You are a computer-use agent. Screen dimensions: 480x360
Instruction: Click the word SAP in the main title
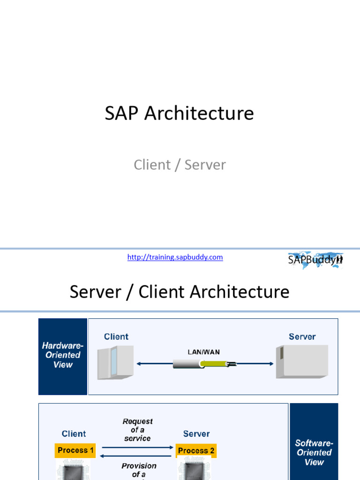(x=122, y=113)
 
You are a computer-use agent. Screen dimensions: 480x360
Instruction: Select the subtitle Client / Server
(x=180, y=165)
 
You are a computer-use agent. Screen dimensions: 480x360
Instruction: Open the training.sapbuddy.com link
(x=175, y=257)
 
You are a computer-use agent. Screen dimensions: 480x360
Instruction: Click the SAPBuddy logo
(x=315, y=260)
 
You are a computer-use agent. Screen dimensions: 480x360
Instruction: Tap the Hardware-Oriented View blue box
(x=62, y=355)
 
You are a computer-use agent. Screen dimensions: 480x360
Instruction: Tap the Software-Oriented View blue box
(x=314, y=452)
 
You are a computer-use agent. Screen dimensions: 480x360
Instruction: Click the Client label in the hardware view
(x=116, y=337)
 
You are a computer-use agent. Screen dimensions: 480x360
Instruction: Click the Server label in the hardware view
(x=302, y=337)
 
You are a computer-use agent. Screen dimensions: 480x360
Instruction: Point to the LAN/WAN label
(x=204, y=352)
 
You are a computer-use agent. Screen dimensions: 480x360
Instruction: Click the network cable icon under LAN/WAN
(x=204, y=363)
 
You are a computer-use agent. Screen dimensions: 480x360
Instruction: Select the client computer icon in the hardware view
(x=115, y=362)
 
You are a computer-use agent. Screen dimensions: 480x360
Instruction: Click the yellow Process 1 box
(x=75, y=450)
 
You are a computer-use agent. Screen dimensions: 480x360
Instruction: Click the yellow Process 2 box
(x=196, y=451)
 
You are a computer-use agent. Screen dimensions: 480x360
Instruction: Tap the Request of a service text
(x=137, y=430)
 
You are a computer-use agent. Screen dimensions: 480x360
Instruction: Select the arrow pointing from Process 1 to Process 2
(x=137, y=447)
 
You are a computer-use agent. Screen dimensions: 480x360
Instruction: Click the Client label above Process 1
(x=74, y=434)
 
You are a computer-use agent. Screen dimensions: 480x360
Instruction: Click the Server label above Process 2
(x=196, y=434)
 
